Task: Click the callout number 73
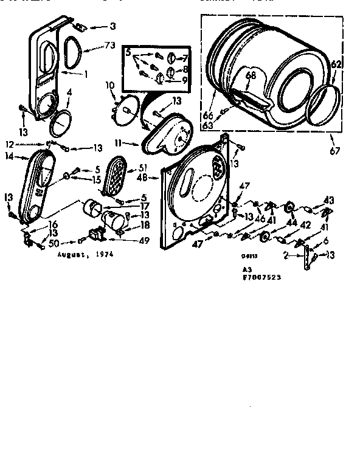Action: click(x=109, y=46)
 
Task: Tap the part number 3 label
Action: click(x=112, y=26)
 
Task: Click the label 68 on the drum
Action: click(x=251, y=77)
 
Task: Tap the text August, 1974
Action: click(x=85, y=256)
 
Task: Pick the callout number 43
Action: click(x=328, y=200)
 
